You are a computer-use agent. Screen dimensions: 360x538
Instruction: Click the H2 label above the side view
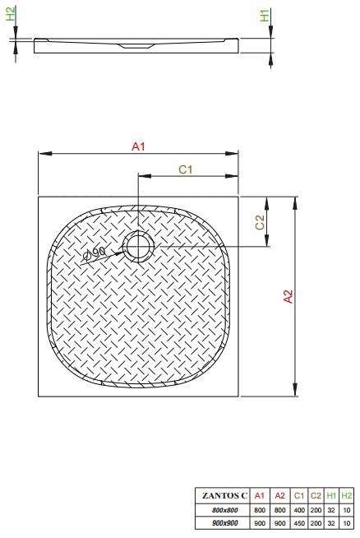pyautogui.click(x=11, y=13)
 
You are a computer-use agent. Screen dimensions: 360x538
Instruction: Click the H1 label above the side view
pyautogui.click(x=265, y=16)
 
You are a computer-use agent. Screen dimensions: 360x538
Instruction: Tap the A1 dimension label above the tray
pyautogui.click(x=139, y=146)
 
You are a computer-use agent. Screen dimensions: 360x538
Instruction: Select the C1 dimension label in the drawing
pyautogui.click(x=186, y=169)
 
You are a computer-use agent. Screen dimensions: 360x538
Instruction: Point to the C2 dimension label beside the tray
pyautogui.click(x=261, y=222)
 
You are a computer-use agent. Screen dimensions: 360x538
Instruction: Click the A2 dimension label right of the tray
pyautogui.click(x=288, y=296)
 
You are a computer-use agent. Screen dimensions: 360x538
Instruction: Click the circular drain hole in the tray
pyautogui.click(x=139, y=247)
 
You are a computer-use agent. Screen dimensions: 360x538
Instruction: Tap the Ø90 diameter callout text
pyautogui.click(x=95, y=253)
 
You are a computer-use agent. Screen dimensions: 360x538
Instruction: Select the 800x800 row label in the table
pyautogui.click(x=225, y=510)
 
